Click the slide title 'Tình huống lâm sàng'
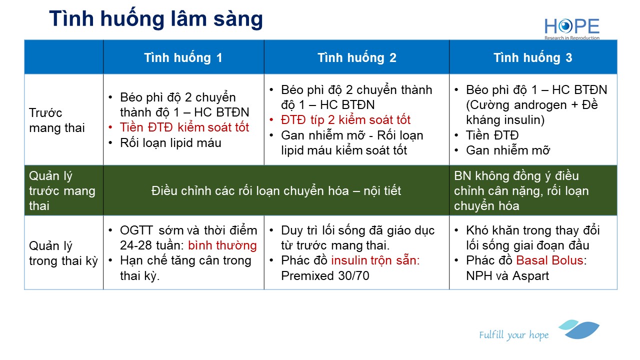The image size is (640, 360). (x=155, y=19)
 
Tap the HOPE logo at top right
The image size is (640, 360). (x=571, y=28)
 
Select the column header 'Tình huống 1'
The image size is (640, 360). (x=183, y=57)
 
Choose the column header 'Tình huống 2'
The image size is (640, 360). (x=357, y=57)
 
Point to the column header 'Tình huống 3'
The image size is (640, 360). (x=533, y=57)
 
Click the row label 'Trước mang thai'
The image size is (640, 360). (x=57, y=120)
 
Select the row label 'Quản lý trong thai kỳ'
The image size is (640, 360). (x=63, y=253)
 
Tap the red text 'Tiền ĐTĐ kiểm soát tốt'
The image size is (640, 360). (x=184, y=127)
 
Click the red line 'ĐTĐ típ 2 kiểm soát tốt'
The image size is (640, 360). (x=345, y=119)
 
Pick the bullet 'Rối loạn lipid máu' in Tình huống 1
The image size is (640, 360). (x=170, y=142)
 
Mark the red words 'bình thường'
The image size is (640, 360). (x=222, y=245)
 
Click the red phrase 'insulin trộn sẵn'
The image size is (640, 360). (x=375, y=260)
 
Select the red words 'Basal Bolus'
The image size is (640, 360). (x=549, y=260)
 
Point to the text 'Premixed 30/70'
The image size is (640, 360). (x=325, y=275)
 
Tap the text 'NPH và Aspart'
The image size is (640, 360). (x=507, y=275)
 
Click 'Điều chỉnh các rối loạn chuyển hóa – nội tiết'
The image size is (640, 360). (x=276, y=190)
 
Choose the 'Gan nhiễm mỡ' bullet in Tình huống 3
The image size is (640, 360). (x=507, y=150)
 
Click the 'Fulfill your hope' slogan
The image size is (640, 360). (x=513, y=335)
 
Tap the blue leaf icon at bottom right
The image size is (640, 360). (x=579, y=329)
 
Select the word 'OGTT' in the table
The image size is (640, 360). (x=136, y=230)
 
